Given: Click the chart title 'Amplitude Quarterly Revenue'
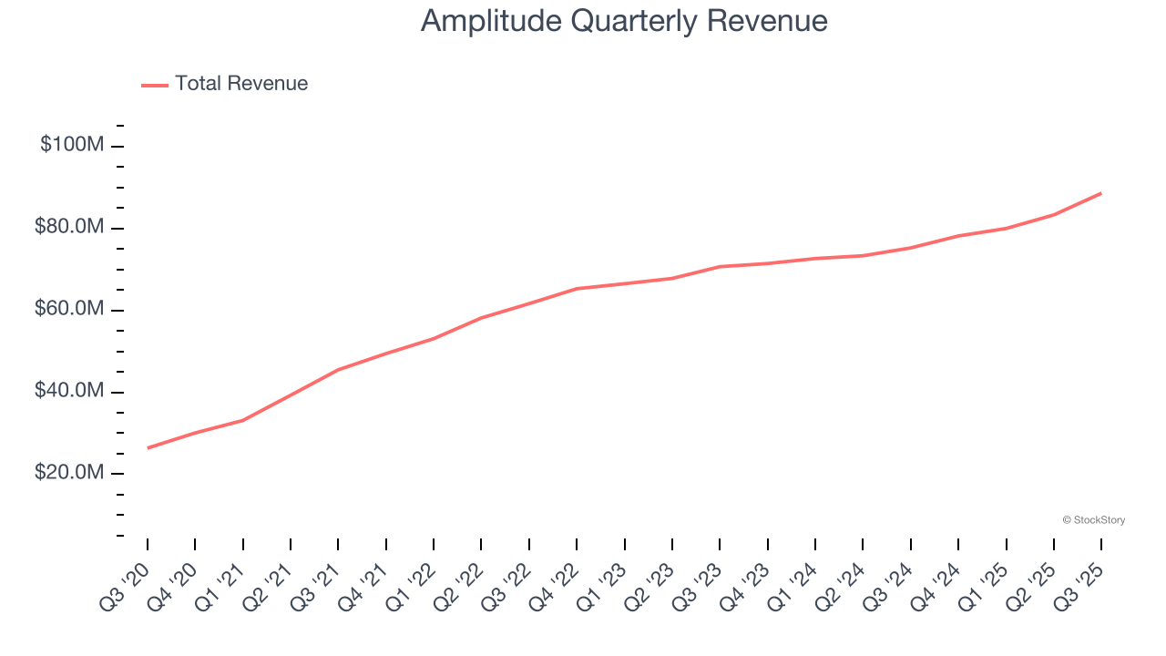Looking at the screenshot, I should (624, 21).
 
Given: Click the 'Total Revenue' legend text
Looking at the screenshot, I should (241, 84).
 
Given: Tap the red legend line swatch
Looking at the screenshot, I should (155, 86).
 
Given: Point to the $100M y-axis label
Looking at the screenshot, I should (72, 145).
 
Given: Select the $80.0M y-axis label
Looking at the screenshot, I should (69, 227).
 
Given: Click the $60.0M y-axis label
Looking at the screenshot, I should (69, 309).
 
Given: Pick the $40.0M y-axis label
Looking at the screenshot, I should (69, 391).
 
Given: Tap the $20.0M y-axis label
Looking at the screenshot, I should (69, 473).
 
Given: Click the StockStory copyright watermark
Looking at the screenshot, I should (1093, 520).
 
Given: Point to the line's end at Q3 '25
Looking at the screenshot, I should (1101, 193).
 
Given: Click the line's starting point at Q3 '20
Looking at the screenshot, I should (148, 447).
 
